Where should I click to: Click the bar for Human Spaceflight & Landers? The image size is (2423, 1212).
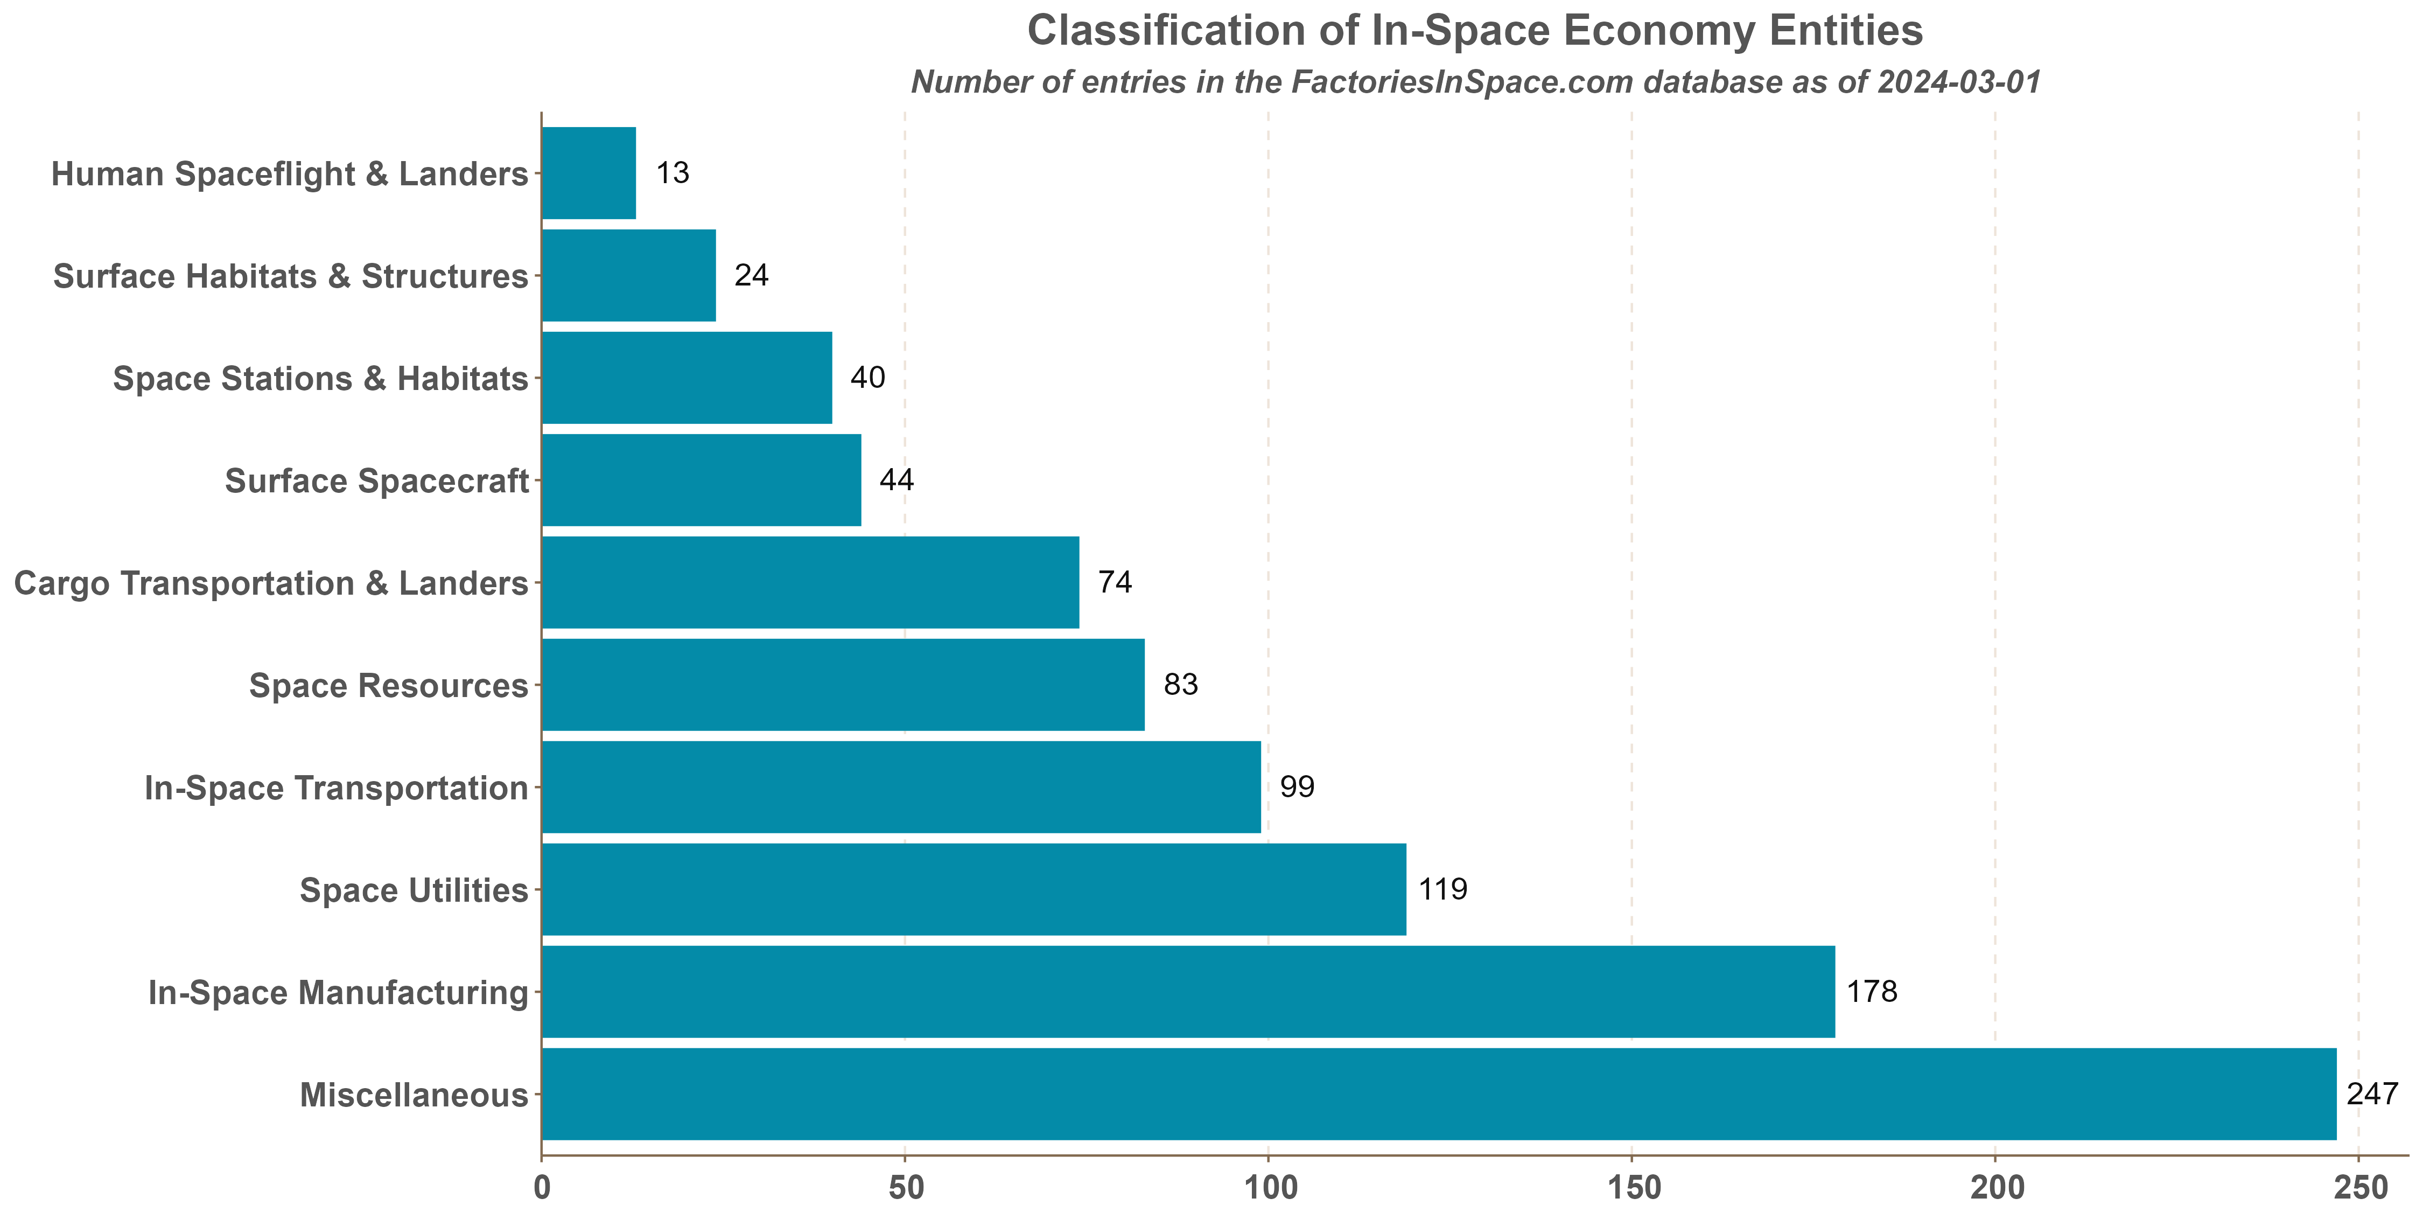pyautogui.click(x=589, y=173)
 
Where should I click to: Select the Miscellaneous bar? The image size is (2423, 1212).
pyautogui.click(x=1439, y=1095)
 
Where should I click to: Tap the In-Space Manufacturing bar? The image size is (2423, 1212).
pyautogui.click(x=1188, y=992)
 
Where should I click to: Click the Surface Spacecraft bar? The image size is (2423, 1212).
pyautogui.click(x=702, y=480)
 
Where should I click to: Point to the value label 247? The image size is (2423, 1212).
pyautogui.click(x=2372, y=1093)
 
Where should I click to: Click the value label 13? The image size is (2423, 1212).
pyautogui.click(x=673, y=173)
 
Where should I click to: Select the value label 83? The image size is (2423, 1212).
pyautogui.click(x=1180, y=684)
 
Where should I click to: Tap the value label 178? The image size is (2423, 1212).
pyautogui.click(x=1872, y=992)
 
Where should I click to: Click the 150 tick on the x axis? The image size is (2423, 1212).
pyautogui.click(x=1631, y=1188)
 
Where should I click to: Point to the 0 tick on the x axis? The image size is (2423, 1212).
pyautogui.click(x=542, y=1188)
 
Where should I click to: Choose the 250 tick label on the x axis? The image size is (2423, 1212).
pyautogui.click(x=2358, y=1188)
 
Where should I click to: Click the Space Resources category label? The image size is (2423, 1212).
pyautogui.click(x=388, y=686)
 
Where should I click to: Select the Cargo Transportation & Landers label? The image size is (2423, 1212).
pyautogui.click(x=271, y=583)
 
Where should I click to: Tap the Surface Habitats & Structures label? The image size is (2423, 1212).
pyautogui.click(x=291, y=277)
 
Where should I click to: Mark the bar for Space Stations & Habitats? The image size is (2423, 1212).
pyautogui.click(x=687, y=378)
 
